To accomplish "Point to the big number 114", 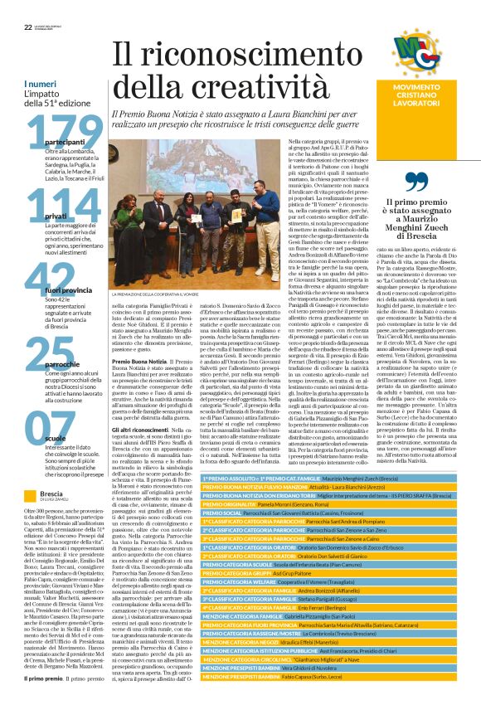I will point(53,207).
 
